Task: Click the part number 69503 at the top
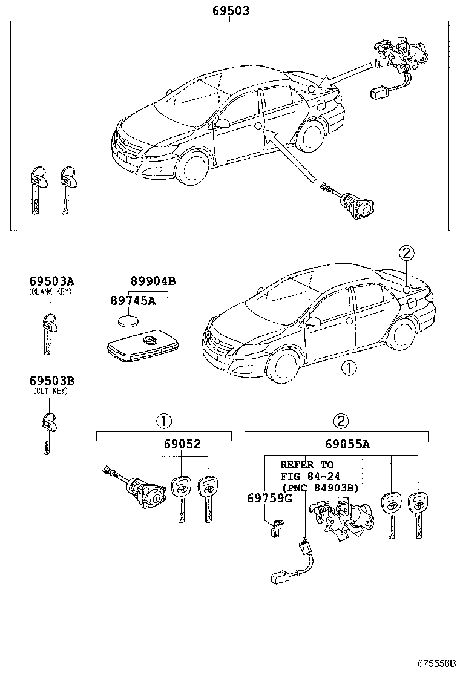(231, 10)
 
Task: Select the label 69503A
(51, 281)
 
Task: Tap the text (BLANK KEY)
(51, 292)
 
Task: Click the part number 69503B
(51, 381)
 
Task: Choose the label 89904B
(153, 281)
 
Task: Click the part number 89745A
(133, 301)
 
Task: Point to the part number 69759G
(269, 498)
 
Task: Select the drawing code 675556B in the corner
(435, 662)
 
